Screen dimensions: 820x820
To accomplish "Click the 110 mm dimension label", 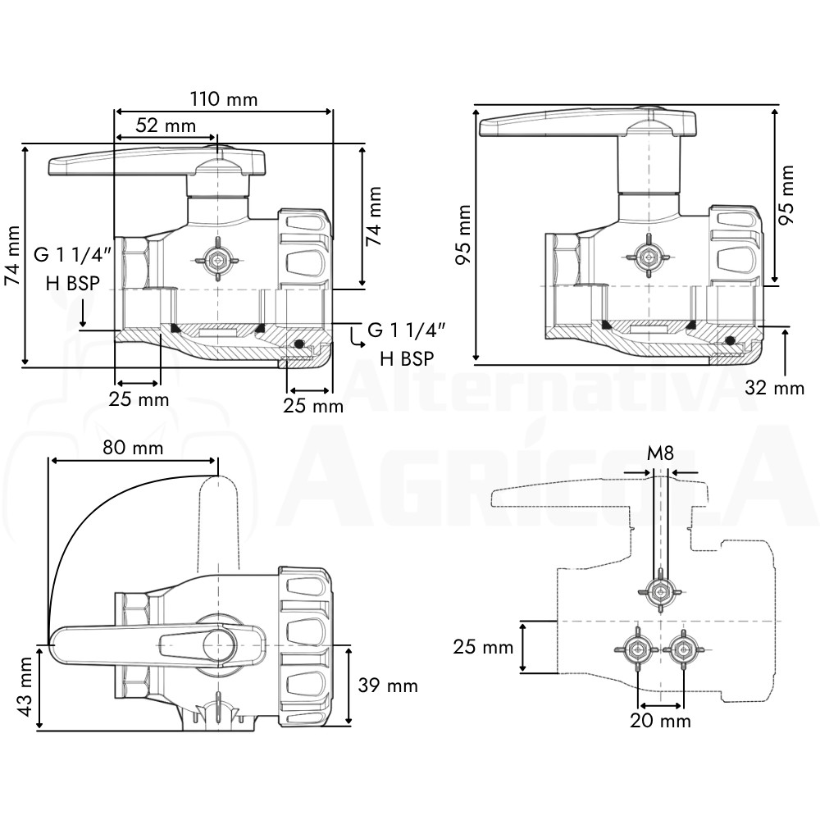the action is [223, 99].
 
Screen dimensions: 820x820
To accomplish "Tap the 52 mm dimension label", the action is [166, 125].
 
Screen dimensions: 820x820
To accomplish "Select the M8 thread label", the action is [660, 453].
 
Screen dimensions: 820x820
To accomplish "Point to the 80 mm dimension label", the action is [133, 448].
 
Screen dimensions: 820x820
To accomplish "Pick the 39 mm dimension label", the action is [388, 686].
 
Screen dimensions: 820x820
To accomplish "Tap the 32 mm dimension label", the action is [774, 388].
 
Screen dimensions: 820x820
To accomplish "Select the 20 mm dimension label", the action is [660, 721].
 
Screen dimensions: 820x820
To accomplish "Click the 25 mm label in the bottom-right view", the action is [483, 647].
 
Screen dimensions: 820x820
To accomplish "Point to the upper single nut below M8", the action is [660, 592].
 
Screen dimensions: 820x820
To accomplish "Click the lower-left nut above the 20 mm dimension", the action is [637, 649].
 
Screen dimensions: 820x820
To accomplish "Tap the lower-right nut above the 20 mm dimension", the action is [683, 649].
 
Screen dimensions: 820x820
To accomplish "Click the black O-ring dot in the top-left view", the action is [298, 344].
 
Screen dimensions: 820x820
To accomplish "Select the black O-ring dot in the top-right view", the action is [730, 340].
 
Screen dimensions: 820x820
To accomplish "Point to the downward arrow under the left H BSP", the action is [83, 312].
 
